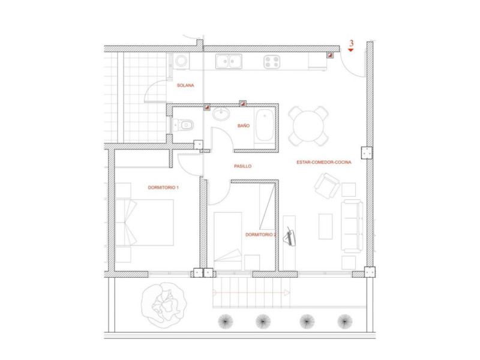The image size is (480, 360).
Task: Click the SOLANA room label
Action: click(x=185, y=85)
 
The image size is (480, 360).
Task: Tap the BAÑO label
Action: click(x=244, y=125)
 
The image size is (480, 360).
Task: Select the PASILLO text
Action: click(x=243, y=166)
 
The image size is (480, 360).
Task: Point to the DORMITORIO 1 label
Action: click(x=163, y=187)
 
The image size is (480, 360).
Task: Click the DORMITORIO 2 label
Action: click(x=261, y=235)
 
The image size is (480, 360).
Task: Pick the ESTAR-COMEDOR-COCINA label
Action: click(x=324, y=162)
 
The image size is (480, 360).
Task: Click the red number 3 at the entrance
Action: click(x=352, y=43)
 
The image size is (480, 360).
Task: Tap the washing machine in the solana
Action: click(x=181, y=61)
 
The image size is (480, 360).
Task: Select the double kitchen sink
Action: click(x=229, y=62)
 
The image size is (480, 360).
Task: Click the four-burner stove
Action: click(x=272, y=62)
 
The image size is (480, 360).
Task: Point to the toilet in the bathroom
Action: click(x=183, y=125)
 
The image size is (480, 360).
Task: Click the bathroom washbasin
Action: click(x=221, y=114)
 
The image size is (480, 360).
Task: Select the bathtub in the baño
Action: click(x=265, y=125)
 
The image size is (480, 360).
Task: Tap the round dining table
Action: click(x=308, y=126)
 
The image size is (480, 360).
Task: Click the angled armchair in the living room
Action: click(x=327, y=186)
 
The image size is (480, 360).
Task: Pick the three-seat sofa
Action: click(x=352, y=226)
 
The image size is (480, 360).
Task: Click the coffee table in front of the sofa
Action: click(x=325, y=226)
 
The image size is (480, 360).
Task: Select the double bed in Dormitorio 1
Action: click(x=144, y=223)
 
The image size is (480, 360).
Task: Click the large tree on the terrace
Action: click(x=164, y=305)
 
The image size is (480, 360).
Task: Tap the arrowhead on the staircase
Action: click(x=287, y=293)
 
